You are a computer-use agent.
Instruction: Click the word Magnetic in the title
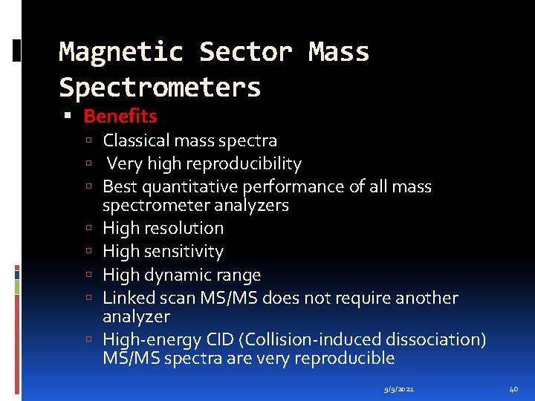click(x=120, y=52)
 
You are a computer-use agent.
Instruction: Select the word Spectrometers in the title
click(x=160, y=88)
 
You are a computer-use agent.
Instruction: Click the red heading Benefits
click(x=120, y=116)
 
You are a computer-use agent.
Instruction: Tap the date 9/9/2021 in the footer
click(x=401, y=389)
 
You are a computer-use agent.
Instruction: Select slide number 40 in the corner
click(x=513, y=389)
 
